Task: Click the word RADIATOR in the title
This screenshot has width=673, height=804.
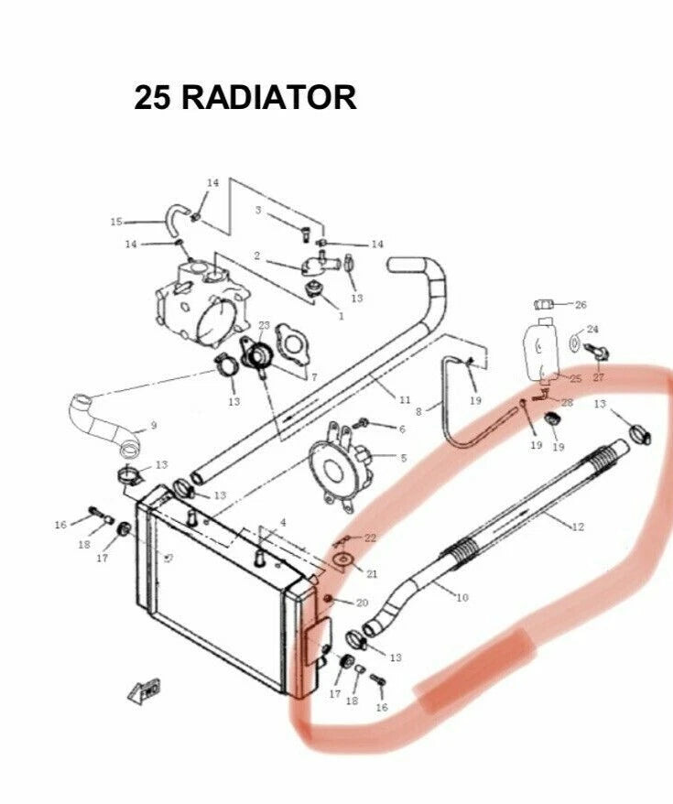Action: click(x=268, y=97)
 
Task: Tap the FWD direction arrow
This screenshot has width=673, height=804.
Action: click(x=144, y=690)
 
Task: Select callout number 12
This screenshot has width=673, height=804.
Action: click(x=578, y=527)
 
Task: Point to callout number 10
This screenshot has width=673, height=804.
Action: click(x=461, y=597)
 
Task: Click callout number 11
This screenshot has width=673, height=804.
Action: click(x=405, y=399)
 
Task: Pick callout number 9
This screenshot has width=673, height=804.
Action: click(x=153, y=425)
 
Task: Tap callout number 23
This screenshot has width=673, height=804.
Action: click(x=264, y=325)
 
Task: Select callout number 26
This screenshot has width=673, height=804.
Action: click(x=581, y=305)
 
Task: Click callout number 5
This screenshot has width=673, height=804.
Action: click(x=404, y=458)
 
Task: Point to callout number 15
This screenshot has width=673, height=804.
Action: click(x=116, y=222)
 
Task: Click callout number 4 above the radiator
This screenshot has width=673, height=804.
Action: click(x=282, y=523)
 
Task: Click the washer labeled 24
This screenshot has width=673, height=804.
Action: click(x=575, y=342)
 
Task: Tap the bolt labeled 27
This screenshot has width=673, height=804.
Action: click(x=596, y=353)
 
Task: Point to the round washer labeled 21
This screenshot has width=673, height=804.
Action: click(x=342, y=560)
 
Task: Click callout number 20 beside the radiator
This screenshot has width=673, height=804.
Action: click(x=362, y=603)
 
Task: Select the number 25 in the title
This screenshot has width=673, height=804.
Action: click(x=152, y=97)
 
